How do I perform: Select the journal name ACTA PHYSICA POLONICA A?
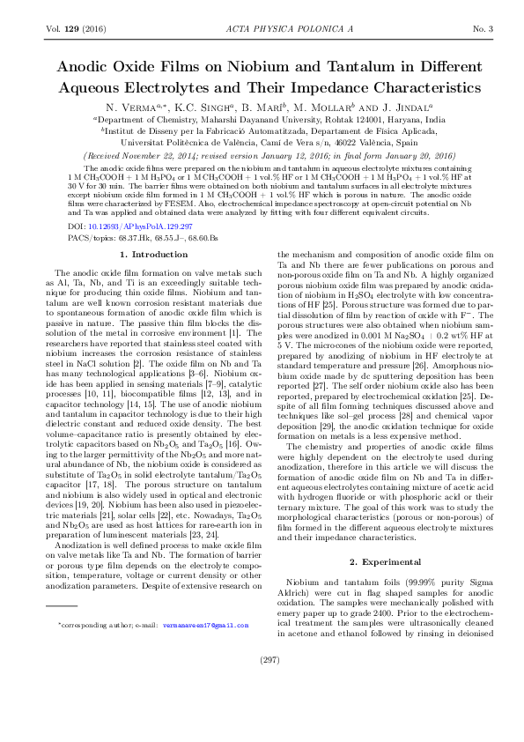[262, 30]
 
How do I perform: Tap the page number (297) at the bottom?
[262, 708]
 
